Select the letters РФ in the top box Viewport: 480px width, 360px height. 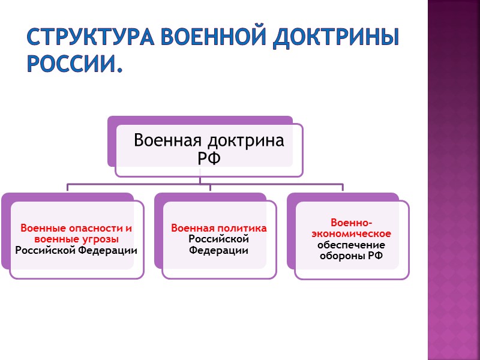pos(209,158)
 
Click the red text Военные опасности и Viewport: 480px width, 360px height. pos(76,229)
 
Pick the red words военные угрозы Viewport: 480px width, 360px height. pos(76,239)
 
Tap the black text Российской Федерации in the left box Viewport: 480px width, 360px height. pos(76,250)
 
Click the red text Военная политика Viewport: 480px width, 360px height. pos(219,229)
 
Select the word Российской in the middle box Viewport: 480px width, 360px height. pos(219,239)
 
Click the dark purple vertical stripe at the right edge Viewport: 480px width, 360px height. pos(454,180)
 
